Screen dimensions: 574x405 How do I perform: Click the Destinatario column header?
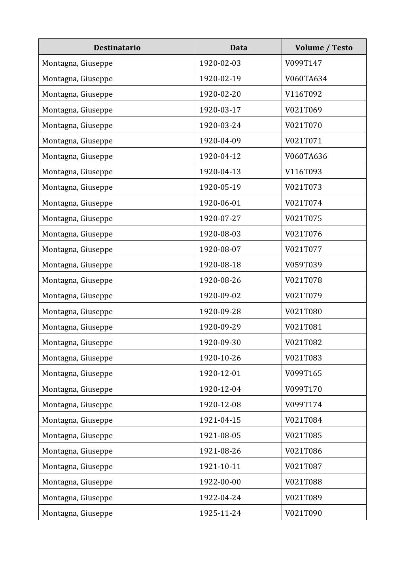click(117, 48)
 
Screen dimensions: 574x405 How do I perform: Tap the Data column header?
click(238, 48)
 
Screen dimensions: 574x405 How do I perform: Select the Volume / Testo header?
click(324, 48)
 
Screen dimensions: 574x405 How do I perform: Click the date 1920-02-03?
click(220, 63)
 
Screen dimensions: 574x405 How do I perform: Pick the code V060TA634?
click(306, 78)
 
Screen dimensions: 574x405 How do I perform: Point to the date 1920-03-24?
click(220, 125)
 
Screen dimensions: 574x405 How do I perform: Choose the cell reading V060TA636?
click(306, 156)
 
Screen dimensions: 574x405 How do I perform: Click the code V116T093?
click(303, 172)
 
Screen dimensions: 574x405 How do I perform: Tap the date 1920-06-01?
click(220, 203)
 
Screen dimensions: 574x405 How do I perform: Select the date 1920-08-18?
click(220, 265)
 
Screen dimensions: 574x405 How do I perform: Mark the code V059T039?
click(303, 265)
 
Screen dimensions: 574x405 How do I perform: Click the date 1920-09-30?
click(220, 342)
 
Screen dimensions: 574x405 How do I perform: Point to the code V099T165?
click(303, 373)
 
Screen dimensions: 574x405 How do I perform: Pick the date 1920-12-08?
click(220, 404)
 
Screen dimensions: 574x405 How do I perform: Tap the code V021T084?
click(303, 420)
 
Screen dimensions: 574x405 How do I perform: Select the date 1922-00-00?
click(220, 482)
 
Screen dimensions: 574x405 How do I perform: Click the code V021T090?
click(303, 513)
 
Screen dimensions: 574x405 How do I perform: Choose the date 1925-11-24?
click(220, 513)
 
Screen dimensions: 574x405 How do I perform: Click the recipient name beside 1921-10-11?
click(77, 466)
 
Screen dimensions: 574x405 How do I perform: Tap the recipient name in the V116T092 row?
click(77, 94)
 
